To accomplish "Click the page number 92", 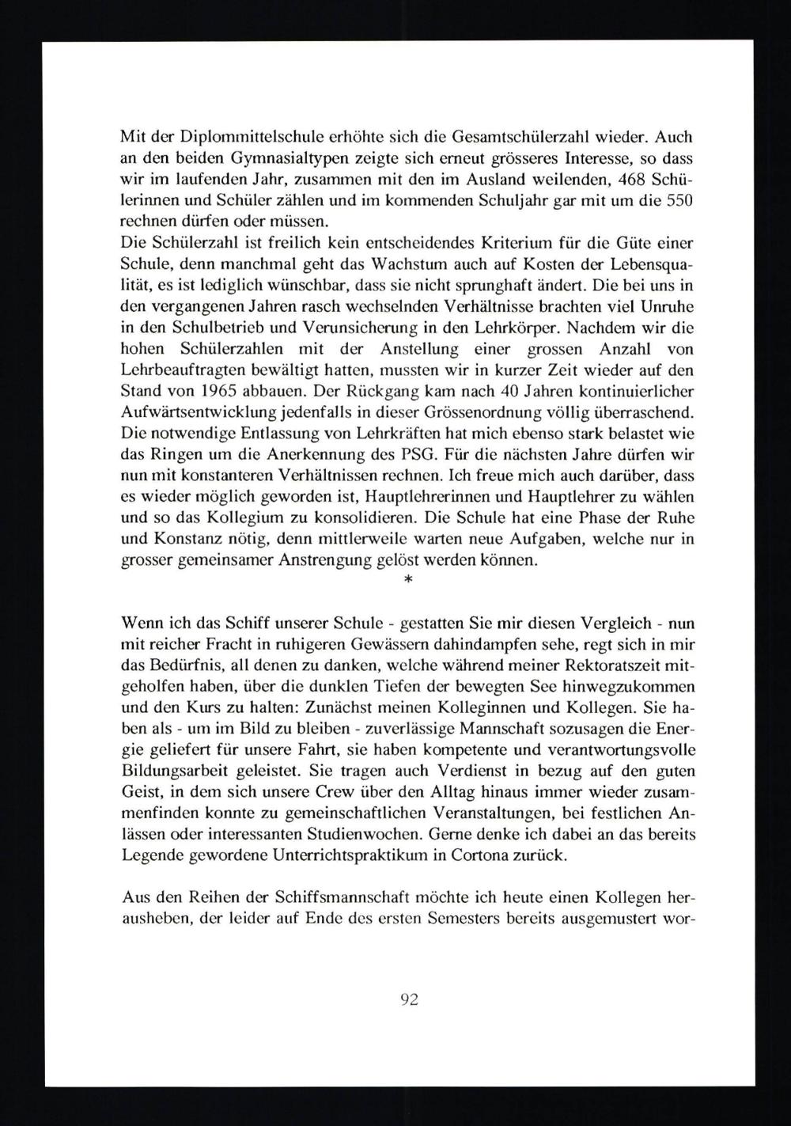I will pos(409,999).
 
